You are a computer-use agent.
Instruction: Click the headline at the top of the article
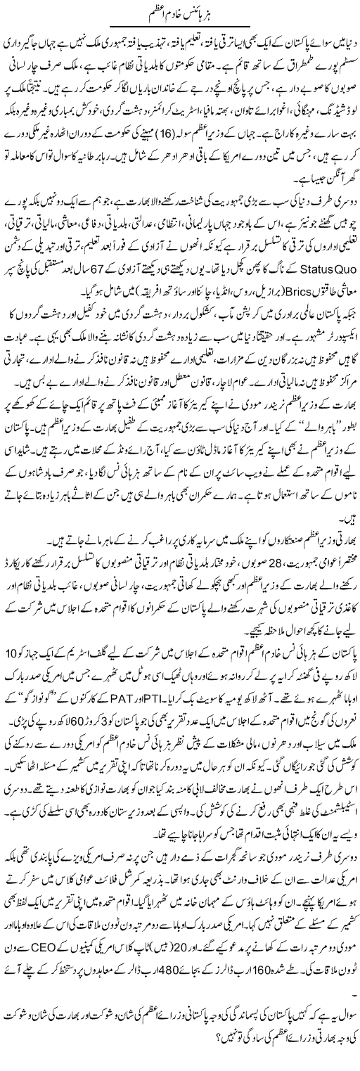click(180, 13)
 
